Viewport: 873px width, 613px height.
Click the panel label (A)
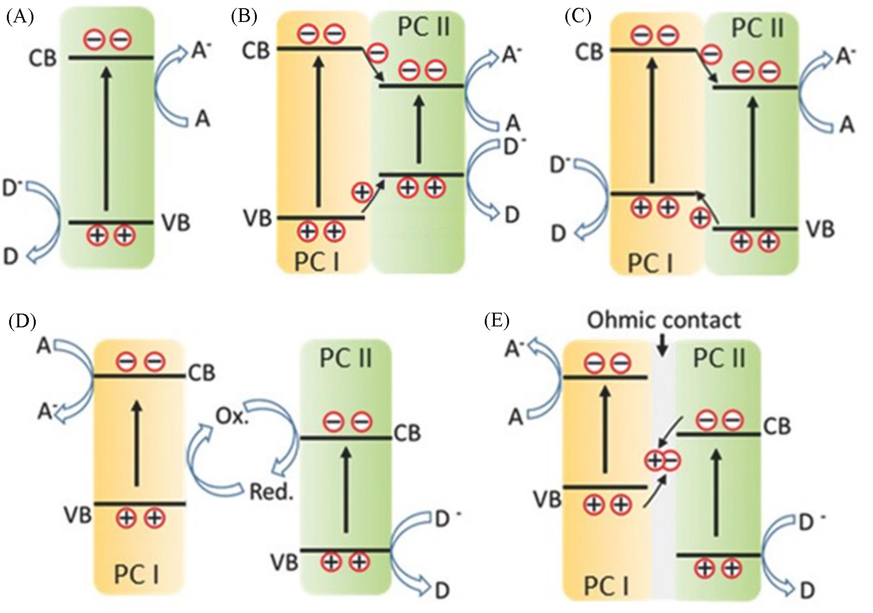point(20,17)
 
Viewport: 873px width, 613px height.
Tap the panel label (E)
point(497,321)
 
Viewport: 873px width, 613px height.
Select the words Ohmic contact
point(663,320)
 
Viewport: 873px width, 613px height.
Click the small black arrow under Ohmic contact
point(662,348)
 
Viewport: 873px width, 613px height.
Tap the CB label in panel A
point(42,59)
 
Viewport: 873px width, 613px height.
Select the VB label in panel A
point(176,223)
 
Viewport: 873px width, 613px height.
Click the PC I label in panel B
point(317,262)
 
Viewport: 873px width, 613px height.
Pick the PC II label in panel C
point(757,28)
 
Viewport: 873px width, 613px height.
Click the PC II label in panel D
point(346,358)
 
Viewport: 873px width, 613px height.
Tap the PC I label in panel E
point(606,586)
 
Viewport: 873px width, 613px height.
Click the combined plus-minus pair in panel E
point(662,461)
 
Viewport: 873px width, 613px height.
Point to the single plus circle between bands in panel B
point(362,191)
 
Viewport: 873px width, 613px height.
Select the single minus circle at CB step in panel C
point(711,54)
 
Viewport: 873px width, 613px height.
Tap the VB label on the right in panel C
point(820,229)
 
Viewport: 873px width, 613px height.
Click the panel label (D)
point(22,321)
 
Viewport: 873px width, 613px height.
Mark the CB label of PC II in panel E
point(777,427)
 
